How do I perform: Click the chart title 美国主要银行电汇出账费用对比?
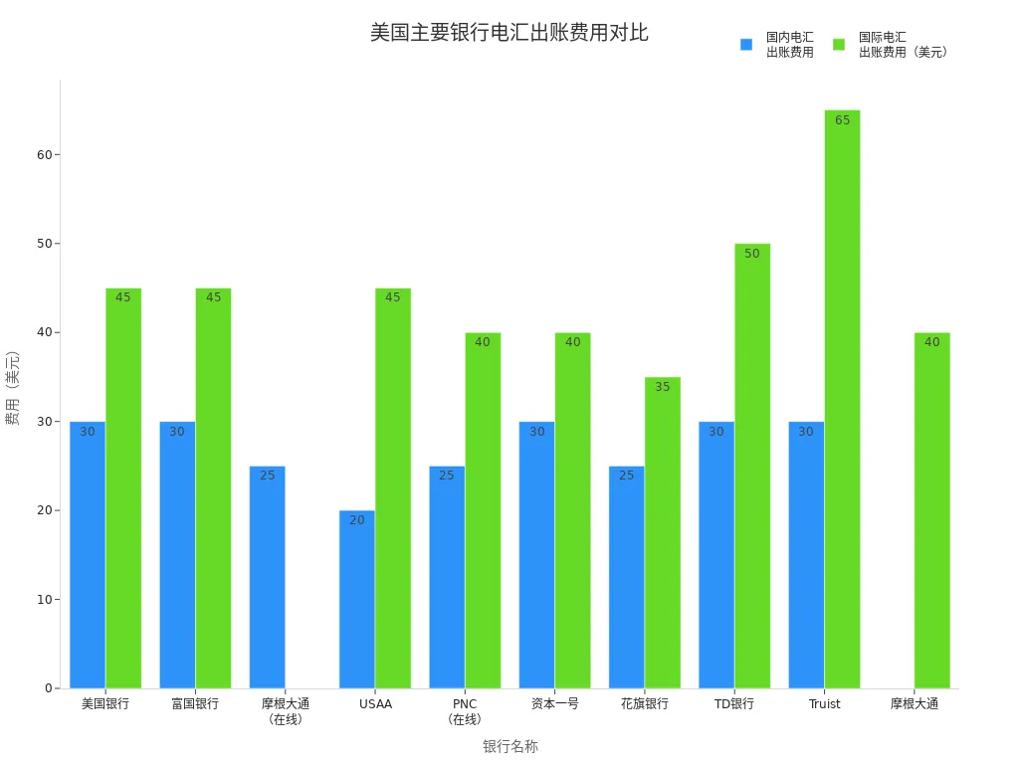509,32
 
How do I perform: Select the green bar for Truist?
842,399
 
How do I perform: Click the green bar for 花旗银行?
663,532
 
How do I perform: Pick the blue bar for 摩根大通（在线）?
267,577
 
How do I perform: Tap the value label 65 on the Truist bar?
842,120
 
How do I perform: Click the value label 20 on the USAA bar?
356,520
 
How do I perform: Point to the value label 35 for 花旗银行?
663,387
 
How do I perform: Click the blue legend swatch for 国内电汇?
746,45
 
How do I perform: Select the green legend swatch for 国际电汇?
839,45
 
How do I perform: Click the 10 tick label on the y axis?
45,600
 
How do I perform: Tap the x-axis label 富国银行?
195,704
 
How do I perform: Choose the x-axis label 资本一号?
554,704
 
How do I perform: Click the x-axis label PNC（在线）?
465,711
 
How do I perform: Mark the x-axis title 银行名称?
509,746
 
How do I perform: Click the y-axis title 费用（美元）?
13,388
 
